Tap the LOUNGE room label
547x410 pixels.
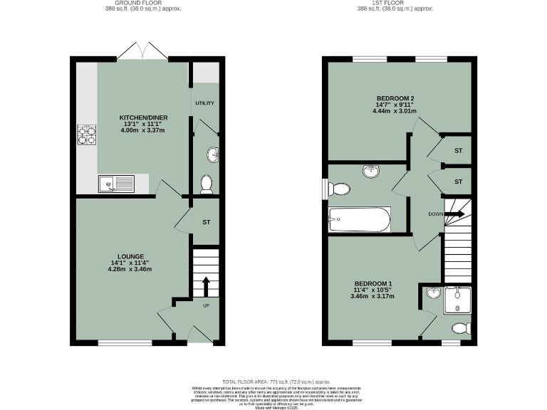click(132, 256)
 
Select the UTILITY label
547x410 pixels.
click(205, 103)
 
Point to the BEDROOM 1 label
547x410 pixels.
click(373, 283)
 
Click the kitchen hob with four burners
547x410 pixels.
click(86, 135)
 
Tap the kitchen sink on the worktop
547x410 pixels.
click(115, 184)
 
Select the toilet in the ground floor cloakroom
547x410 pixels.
click(207, 184)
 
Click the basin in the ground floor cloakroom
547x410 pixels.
click(213, 154)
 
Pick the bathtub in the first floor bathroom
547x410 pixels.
click(359, 219)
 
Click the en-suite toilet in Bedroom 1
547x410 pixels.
click(461, 328)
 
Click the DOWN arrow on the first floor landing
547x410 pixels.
click(454, 214)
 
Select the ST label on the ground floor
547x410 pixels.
click(207, 222)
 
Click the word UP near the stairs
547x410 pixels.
click(207, 306)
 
